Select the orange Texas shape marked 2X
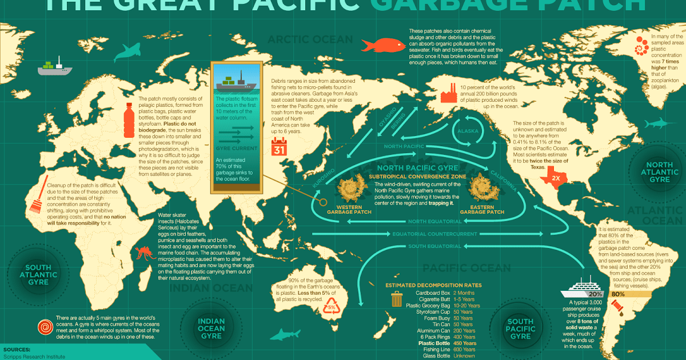555,177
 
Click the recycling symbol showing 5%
331,306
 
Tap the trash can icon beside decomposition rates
396,299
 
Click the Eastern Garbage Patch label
482,209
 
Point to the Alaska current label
464,131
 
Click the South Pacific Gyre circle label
520,329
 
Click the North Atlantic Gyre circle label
655,172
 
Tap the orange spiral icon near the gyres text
44,327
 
